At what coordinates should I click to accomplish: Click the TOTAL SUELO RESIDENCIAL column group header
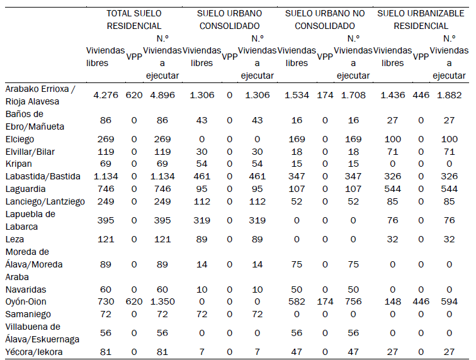[133, 20]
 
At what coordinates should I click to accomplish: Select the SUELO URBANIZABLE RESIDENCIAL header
[421, 20]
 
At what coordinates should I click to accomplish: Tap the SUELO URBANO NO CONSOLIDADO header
[325, 20]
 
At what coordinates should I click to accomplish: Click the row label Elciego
[20, 138]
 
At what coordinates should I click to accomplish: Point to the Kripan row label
[18, 162]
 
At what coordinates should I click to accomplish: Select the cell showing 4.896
[162, 95]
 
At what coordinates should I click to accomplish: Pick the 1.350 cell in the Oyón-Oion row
[162, 301]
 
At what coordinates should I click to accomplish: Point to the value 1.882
[450, 95]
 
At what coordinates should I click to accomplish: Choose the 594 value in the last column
[450, 301]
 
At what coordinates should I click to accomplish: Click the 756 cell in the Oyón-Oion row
[353, 301]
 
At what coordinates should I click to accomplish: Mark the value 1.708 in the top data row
[353, 95]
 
